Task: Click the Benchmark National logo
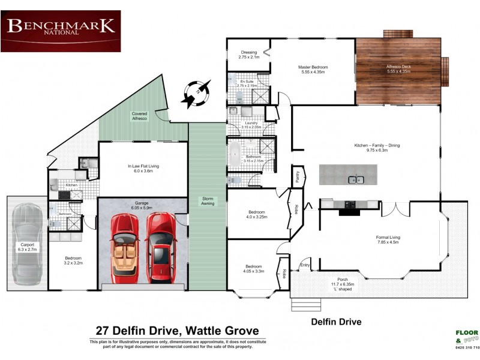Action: pos(61,31)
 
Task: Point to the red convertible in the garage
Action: pos(125,248)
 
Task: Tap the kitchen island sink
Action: pos(356,179)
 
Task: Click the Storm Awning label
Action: pos(207,201)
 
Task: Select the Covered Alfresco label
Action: pos(139,116)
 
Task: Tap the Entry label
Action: pos(305,265)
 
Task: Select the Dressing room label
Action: pos(248,54)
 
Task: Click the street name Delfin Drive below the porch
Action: pos(336,322)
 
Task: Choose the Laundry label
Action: pos(242,125)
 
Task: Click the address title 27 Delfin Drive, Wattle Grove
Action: pos(178,331)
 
